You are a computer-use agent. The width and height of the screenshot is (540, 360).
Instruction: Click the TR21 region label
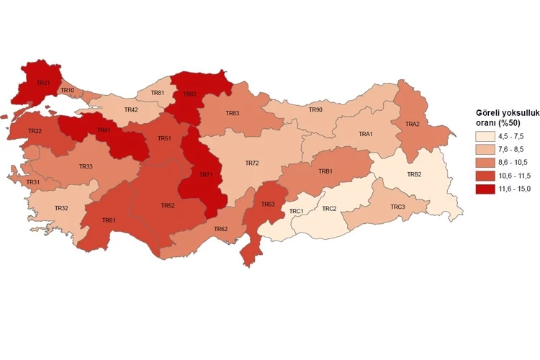tap(44, 84)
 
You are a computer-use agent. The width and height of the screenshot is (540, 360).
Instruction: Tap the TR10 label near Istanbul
tap(67, 90)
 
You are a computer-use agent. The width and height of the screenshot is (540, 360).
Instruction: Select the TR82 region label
tap(190, 94)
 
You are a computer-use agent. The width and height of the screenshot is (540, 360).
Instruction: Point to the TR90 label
tap(315, 109)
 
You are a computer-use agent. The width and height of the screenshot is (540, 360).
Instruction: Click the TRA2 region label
tap(412, 124)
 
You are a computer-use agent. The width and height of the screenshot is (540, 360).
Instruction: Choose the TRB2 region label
tap(414, 174)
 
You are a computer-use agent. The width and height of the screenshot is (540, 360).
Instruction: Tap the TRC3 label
tap(397, 207)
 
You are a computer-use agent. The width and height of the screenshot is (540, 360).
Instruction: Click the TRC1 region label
tap(296, 211)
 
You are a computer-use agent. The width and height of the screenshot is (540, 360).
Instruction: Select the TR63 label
tap(268, 204)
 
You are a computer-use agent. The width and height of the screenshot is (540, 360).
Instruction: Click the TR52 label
tap(168, 205)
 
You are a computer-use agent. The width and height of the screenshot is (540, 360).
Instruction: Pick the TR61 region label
tap(109, 220)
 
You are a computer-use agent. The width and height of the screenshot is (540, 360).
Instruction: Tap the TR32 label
tap(62, 208)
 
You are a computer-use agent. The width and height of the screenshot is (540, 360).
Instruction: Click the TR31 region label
tap(33, 182)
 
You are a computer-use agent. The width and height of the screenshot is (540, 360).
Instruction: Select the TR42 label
tap(131, 109)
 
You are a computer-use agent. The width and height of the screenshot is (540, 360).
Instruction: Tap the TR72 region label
tap(252, 163)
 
